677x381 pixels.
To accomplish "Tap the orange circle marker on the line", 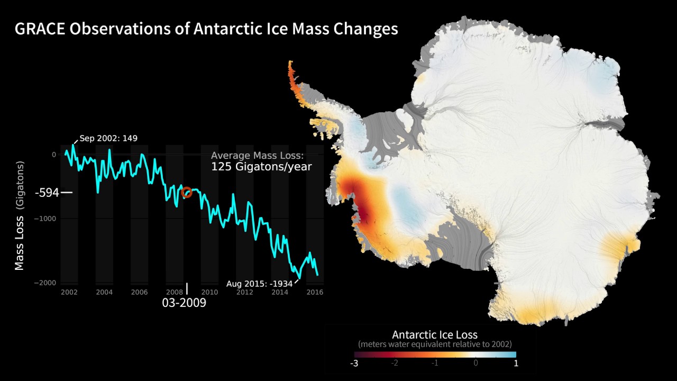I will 186,192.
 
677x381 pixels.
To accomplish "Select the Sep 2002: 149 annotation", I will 108,139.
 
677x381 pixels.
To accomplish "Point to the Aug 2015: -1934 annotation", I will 259,284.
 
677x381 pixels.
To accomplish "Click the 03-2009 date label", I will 184,303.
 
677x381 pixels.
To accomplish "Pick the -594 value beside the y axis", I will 47,193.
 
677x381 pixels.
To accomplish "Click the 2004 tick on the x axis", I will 104,292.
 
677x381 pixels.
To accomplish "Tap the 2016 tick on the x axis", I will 315,292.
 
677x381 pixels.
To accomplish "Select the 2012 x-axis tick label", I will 244,292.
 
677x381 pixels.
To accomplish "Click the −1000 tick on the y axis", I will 45,219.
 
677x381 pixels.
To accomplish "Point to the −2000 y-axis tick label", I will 45,283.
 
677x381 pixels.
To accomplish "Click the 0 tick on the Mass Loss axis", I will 54,155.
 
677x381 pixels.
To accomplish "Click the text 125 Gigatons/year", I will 261,167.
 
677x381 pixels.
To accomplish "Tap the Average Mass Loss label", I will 257,156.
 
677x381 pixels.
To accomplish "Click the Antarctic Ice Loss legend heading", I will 435,334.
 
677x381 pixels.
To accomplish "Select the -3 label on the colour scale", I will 354,364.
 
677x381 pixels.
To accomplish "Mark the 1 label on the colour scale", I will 516,364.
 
